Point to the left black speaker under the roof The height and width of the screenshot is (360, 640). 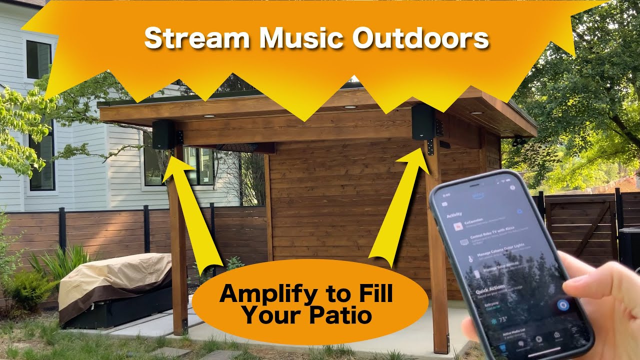(163, 134)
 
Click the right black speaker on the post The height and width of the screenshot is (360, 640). (422, 121)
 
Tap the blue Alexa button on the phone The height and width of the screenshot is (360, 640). (563, 305)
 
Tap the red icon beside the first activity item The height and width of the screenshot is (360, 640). (457, 226)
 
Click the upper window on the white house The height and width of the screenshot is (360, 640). (38, 59)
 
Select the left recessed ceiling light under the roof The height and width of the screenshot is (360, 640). (209, 116)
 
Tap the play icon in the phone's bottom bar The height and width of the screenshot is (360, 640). (539, 339)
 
